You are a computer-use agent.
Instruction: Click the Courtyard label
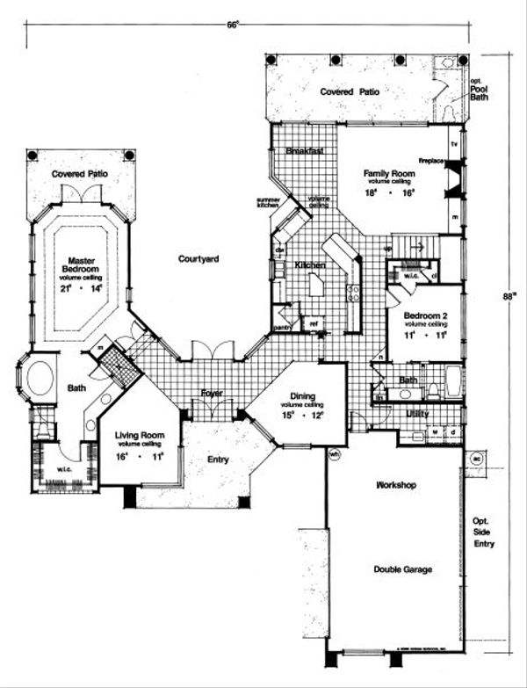198,259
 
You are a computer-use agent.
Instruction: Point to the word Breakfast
305,151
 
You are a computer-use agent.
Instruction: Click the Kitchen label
311,264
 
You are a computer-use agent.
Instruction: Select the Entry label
220,459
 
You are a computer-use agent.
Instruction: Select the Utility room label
417,412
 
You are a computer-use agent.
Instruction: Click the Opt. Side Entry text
484,532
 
